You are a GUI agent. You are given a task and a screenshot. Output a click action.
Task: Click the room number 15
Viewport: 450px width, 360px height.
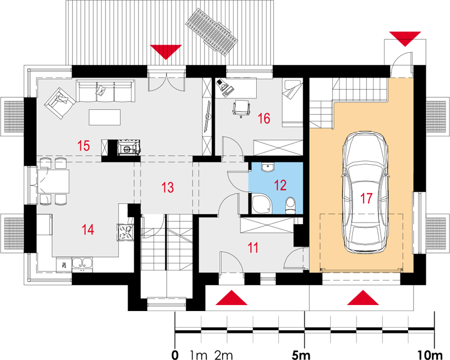point(84,146)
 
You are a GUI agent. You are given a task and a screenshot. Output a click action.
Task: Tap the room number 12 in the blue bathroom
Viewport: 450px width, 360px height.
point(280,185)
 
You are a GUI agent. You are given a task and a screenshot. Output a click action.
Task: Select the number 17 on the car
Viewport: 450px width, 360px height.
point(366,198)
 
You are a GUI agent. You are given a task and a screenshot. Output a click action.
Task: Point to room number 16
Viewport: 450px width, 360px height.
point(264,118)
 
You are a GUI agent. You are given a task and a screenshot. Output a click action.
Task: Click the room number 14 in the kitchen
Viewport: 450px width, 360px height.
point(88,230)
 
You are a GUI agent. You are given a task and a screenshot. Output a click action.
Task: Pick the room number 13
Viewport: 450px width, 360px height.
point(167,187)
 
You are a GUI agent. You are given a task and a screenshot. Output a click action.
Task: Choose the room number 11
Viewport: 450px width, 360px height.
point(253,248)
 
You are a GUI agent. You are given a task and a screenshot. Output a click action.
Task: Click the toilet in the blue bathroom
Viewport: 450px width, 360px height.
point(290,205)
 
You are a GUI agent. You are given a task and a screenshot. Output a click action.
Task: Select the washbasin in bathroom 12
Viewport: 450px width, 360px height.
point(268,167)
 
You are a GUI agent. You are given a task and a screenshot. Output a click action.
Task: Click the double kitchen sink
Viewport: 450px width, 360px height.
point(82,264)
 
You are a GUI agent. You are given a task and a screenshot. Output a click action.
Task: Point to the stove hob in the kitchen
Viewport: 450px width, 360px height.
point(125,231)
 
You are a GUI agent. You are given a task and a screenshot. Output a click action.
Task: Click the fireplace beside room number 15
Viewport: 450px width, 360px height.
point(129,148)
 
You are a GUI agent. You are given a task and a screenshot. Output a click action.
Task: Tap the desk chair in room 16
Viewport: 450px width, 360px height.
point(241,109)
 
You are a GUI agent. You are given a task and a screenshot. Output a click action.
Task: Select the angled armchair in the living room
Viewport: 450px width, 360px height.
point(61,103)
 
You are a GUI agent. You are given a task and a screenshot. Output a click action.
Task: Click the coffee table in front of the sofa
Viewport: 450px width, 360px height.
point(105,118)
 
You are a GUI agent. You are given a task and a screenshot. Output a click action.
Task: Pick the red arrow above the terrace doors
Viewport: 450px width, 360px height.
point(166,52)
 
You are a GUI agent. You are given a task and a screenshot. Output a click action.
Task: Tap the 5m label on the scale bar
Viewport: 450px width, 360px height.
point(301,355)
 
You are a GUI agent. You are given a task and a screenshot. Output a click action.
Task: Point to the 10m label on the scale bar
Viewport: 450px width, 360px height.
point(431,355)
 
